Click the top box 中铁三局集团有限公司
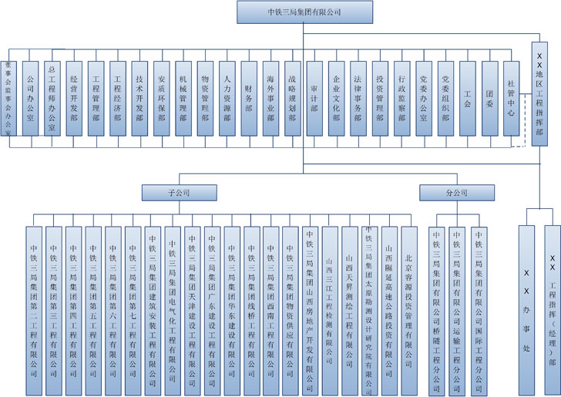pyautogui.click(x=302, y=12)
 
